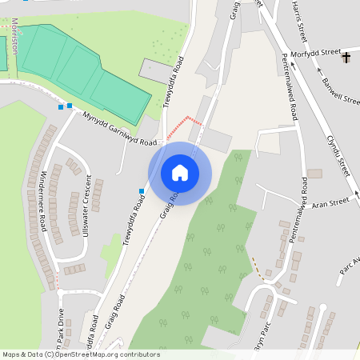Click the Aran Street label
point(331,203)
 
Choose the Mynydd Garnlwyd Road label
point(119,128)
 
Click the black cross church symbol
point(346,58)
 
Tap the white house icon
point(179,173)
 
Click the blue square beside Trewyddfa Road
point(142,190)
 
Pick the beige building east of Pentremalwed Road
point(314,174)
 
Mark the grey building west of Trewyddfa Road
point(155,70)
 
